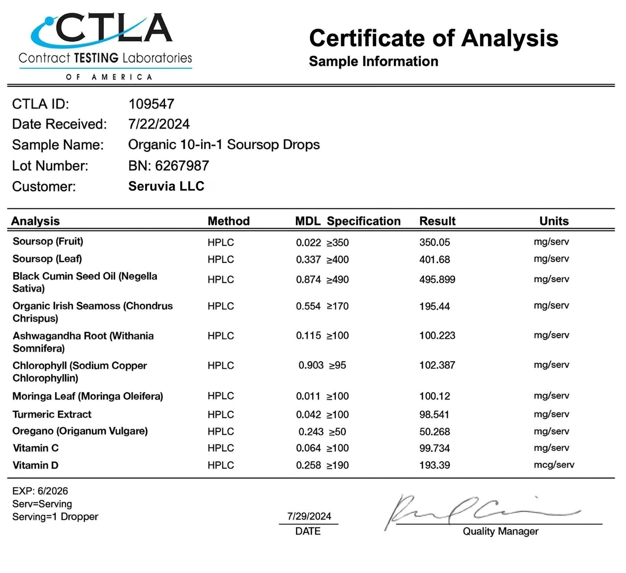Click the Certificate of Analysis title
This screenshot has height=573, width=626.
(433, 38)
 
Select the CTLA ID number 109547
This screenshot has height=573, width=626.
(151, 104)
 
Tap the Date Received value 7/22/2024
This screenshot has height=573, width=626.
(159, 124)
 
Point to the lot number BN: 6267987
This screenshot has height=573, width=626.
(169, 166)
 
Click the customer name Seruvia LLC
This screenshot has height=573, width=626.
(166, 186)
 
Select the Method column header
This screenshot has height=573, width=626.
(228, 221)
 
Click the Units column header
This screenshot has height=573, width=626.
(554, 221)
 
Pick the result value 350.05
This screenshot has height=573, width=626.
(435, 242)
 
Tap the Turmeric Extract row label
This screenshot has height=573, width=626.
(52, 414)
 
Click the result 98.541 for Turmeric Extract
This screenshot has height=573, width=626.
(434, 415)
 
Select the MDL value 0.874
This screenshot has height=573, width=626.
(308, 280)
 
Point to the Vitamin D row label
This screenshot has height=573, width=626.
(36, 466)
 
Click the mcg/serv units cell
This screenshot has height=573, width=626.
(554, 465)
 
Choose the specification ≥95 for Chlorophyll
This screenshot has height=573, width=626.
(337, 365)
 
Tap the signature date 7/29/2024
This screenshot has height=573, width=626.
(309, 516)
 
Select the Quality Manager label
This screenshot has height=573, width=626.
(500, 531)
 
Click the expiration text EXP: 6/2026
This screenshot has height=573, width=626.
(40, 491)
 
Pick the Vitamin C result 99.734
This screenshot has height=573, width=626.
(435, 448)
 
